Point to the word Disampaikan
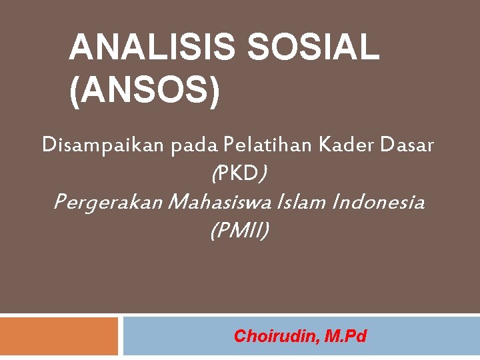pyautogui.click(x=103, y=145)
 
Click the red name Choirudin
pyautogui.click(x=277, y=336)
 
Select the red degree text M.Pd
pyautogui.click(x=345, y=336)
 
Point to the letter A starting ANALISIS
pyautogui.click(x=81, y=48)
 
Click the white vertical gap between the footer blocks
pyautogui.click(x=121, y=337)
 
